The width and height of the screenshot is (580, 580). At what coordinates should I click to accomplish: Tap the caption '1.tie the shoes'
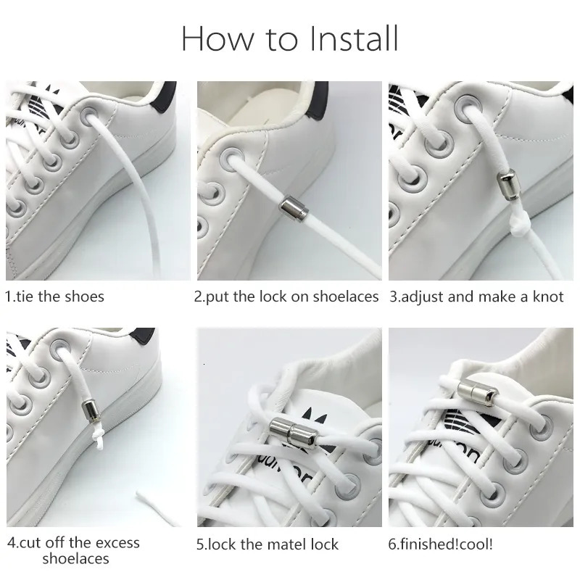point(55,297)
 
